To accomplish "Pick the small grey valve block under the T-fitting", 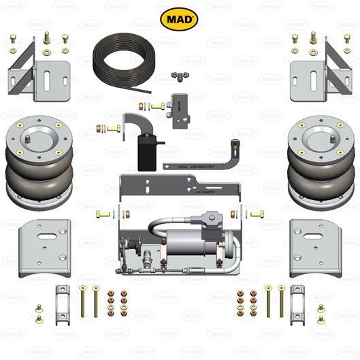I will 183,105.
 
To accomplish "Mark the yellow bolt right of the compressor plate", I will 257,215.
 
